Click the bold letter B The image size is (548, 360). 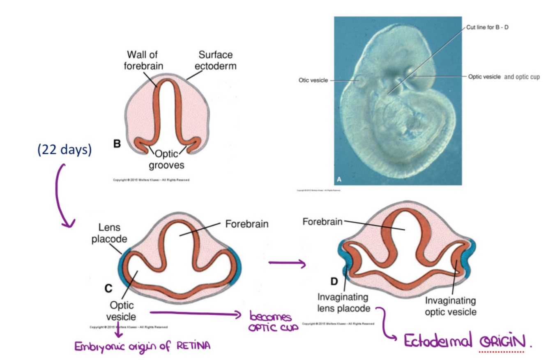[117, 144]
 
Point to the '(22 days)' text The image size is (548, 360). [64, 150]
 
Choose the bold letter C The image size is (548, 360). [108, 289]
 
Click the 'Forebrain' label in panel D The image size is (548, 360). [322, 222]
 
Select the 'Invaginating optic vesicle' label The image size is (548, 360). [451, 306]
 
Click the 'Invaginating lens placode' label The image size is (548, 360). [343, 302]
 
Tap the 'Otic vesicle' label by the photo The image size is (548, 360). [313, 80]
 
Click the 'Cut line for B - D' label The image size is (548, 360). [487, 28]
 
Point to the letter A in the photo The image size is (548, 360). [339, 179]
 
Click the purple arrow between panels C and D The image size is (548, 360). [287, 264]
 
